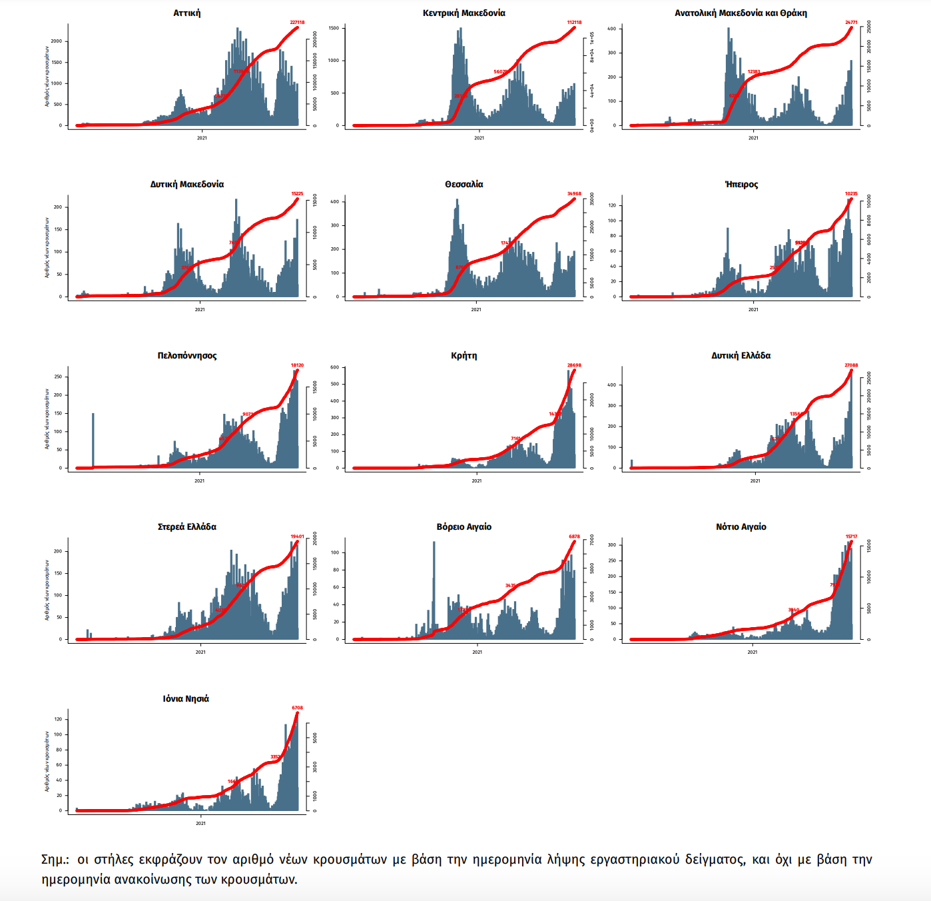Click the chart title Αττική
[x=187, y=13]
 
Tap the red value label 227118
[x=297, y=23]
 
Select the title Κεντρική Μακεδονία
[x=464, y=13]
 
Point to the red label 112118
[x=574, y=23]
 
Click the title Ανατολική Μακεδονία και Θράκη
[x=741, y=13]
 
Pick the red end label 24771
[x=851, y=23]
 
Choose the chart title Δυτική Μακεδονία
[x=187, y=185]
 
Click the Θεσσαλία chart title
[x=464, y=185]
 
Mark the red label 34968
[x=574, y=194]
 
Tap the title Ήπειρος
[x=741, y=185]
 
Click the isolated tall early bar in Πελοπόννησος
[x=93, y=440]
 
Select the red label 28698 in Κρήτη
[x=574, y=365]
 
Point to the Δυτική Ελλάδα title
[x=741, y=356]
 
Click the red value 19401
[x=297, y=536]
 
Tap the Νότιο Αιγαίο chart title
[x=741, y=527]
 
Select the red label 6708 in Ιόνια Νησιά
[x=297, y=708]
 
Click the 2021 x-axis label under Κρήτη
[x=477, y=480]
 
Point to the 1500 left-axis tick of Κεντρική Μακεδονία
[x=334, y=29]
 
